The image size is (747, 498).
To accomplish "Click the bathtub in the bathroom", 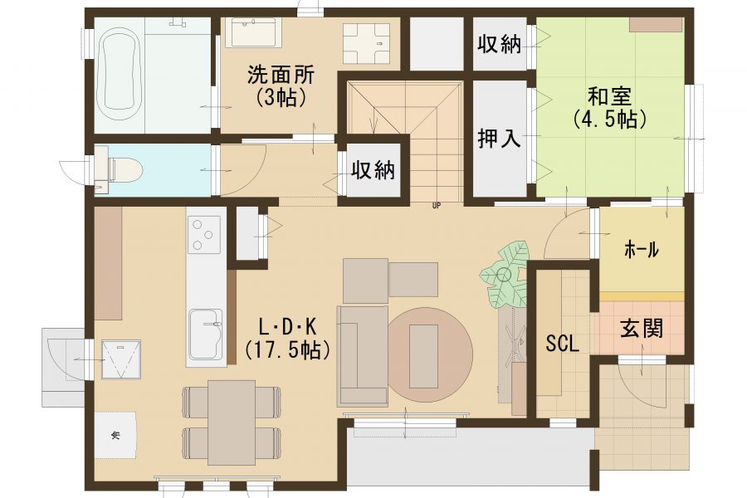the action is coord(120,75).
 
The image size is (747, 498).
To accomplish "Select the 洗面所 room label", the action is coord(281,76).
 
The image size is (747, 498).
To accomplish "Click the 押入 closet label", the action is coord(499,139).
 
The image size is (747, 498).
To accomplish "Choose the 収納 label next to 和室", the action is coord(499,44).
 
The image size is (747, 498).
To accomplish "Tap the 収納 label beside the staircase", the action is coord(373,169).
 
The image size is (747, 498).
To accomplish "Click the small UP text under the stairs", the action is coord(436,207).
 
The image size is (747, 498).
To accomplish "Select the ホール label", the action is coord(642,249).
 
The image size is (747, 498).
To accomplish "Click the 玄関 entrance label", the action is coord(642,329).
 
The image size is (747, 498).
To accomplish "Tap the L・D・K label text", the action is coord(287,327).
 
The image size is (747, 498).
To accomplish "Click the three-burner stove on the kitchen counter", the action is coord(205,234).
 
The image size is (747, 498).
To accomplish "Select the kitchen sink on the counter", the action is coord(206,334).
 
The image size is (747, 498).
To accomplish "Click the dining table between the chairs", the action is coord(232,422).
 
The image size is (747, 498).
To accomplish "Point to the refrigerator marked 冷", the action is coord(115,435).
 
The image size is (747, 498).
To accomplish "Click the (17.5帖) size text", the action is coord(287,350).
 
